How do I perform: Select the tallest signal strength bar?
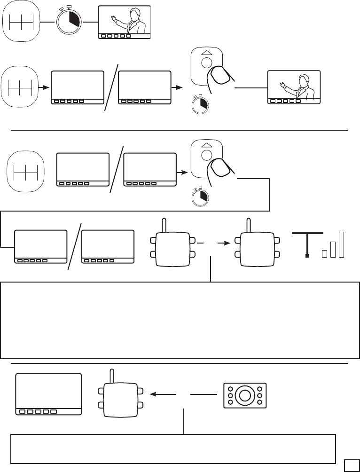tap(342, 244)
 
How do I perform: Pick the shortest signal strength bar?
tap(324, 254)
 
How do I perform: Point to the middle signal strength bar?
tap(333, 249)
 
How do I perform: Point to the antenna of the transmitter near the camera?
tap(112, 376)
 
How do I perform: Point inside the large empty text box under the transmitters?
tap(180, 320)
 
